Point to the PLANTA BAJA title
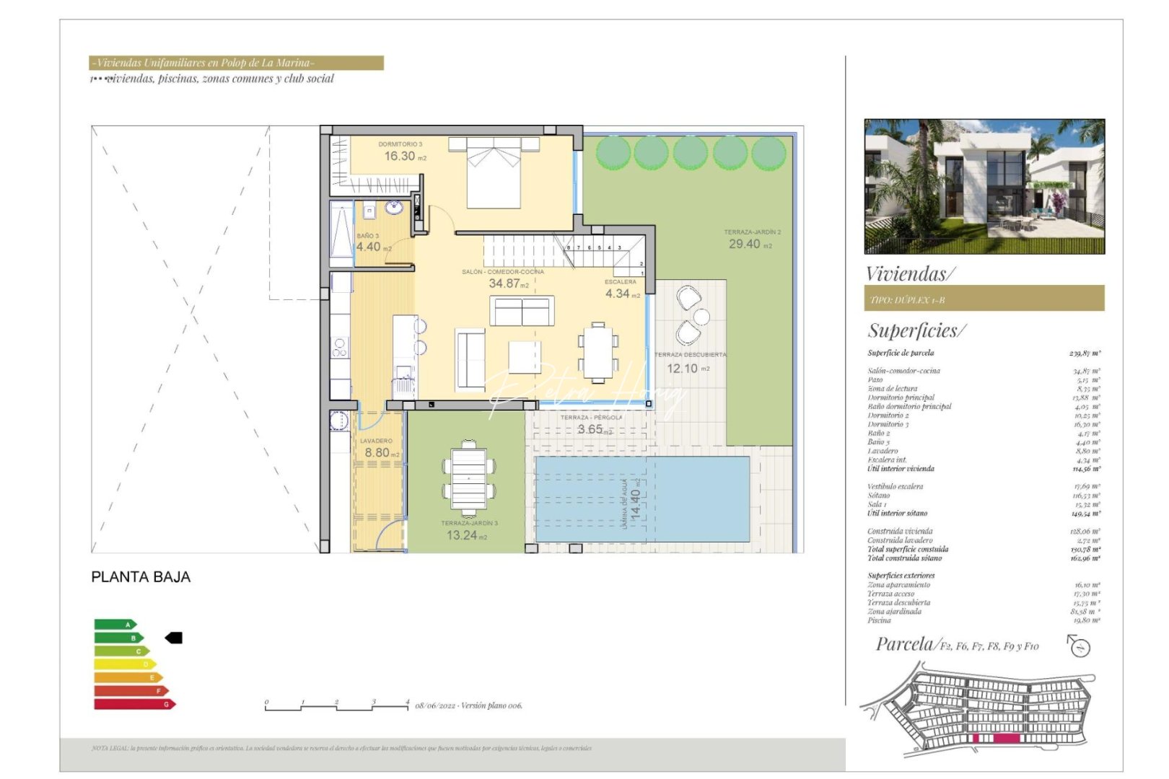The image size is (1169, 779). [141, 577]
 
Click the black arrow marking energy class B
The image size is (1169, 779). [174, 638]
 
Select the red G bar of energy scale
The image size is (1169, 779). [134, 704]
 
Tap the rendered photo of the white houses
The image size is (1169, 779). [984, 186]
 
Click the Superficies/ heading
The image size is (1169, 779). [916, 330]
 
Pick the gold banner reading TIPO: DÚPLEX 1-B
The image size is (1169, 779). [984, 299]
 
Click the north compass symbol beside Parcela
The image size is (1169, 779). [1079, 646]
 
